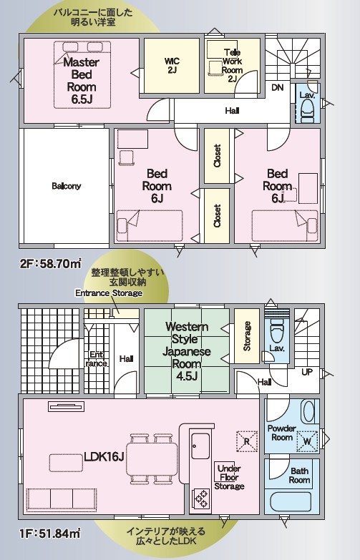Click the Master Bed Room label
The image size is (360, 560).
click(x=82, y=81)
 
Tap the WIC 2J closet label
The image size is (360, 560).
click(x=172, y=66)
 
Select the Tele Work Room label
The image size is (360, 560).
click(x=232, y=66)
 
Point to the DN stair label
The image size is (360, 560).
click(x=278, y=87)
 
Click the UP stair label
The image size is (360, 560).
click(x=307, y=372)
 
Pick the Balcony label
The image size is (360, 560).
click(x=67, y=186)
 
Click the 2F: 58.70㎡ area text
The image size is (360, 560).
click(x=50, y=264)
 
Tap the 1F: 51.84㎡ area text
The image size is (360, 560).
click(x=50, y=534)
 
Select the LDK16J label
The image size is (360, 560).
click(x=104, y=456)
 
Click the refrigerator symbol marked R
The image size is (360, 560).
click(x=247, y=441)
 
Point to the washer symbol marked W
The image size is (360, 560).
click(x=307, y=441)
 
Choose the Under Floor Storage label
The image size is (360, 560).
click(x=229, y=477)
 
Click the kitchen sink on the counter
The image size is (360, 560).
click(x=200, y=446)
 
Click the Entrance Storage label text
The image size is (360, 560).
click(x=109, y=293)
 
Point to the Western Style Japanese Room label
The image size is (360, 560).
click(x=186, y=351)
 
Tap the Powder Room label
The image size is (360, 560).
click(x=282, y=433)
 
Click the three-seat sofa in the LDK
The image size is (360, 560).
click(x=61, y=501)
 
